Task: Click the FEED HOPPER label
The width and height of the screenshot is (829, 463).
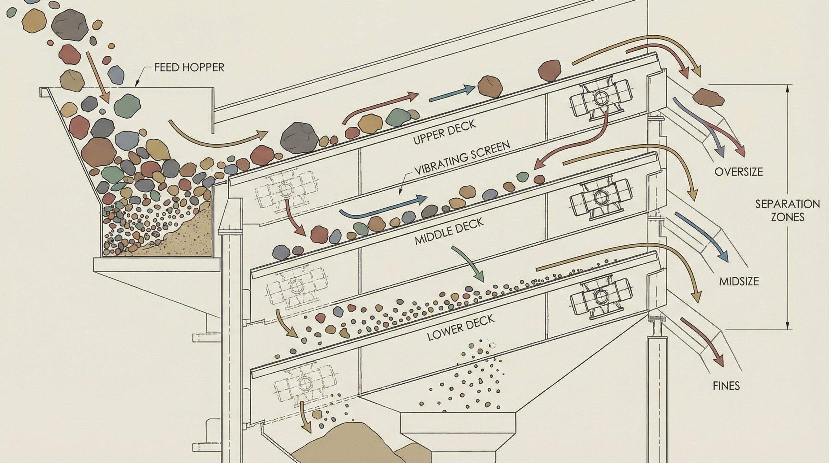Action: (189, 67)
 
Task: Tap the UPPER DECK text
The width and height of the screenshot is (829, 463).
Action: (445, 132)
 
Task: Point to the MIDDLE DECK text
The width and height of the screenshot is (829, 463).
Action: (449, 231)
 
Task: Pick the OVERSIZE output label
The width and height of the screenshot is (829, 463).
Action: (738, 171)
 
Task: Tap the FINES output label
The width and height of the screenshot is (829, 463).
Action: (726, 386)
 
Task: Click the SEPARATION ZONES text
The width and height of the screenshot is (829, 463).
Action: (787, 210)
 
